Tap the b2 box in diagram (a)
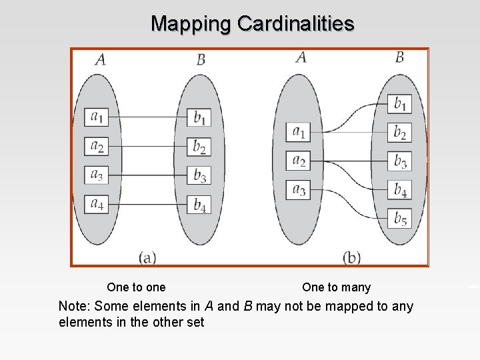(199, 146)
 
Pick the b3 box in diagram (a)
(199, 175)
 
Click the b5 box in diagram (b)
(400, 218)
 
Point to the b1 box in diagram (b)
(400, 104)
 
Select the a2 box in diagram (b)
(299, 161)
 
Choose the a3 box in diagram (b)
(299, 189)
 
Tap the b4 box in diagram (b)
(400, 190)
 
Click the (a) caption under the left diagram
(147, 256)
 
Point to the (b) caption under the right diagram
(352, 256)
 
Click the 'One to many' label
(336, 287)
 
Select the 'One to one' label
(136, 287)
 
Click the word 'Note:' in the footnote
(75, 307)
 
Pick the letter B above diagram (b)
(399, 57)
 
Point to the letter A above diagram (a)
(100, 60)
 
